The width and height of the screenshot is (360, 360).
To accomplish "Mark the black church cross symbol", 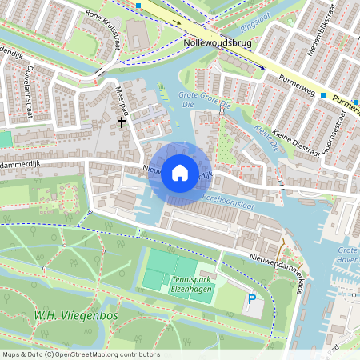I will (x=122, y=122).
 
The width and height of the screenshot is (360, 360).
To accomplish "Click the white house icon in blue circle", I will (x=180, y=172).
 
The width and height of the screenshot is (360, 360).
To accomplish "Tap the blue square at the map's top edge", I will (x=138, y=5).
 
